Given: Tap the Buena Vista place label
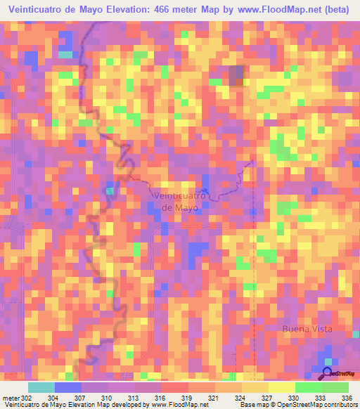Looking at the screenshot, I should click(306, 329).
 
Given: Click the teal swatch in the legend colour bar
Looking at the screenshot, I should click(41, 387).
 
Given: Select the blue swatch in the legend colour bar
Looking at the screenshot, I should click(68, 387).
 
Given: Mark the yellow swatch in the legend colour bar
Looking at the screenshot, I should click(282, 387).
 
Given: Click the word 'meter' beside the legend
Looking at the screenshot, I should click(9, 397).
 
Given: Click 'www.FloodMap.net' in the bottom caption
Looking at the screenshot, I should click(179, 405).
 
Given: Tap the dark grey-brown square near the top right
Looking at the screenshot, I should click(237, 75).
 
